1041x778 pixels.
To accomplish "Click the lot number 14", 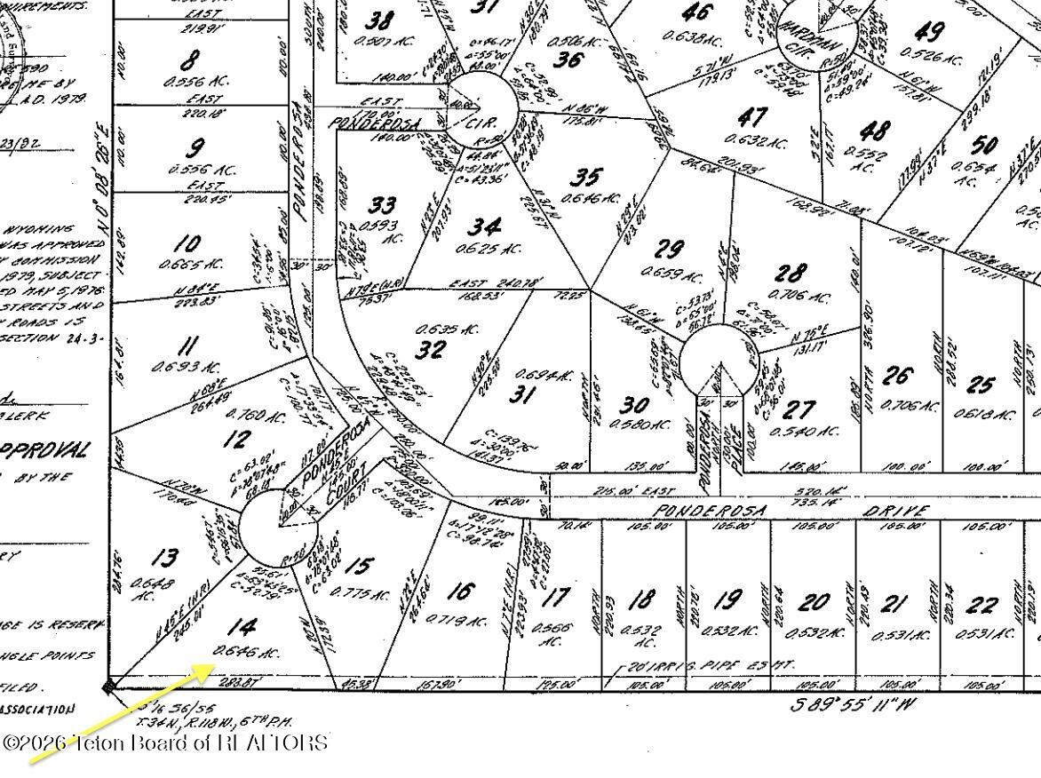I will click(239, 628).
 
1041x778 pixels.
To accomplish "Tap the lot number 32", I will click(431, 348).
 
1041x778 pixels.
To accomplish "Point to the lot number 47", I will click(752, 117).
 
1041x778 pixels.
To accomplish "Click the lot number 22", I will click(982, 606).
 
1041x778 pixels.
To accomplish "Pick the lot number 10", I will click(187, 243).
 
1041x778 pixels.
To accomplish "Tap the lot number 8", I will click(188, 61).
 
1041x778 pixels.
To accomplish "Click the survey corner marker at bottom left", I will click(108, 686).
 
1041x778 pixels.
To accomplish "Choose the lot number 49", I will click(928, 32).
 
